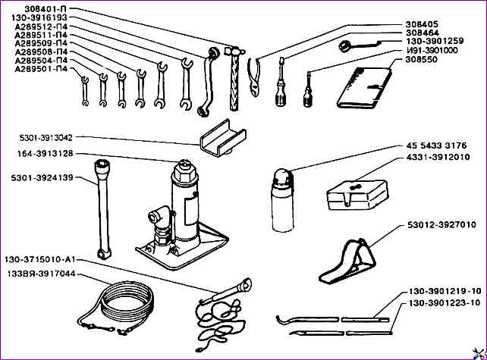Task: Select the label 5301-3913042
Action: pyautogui.click(x=46, y=138)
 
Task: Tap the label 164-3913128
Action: pyautogui.click(x=46, y=154)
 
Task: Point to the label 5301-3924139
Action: pyautogui.click(x=42, y=178)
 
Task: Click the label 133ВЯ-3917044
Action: pyautogui.click(x=41, y=274)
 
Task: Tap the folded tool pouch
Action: pyautogui.click(x=367, y=87)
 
